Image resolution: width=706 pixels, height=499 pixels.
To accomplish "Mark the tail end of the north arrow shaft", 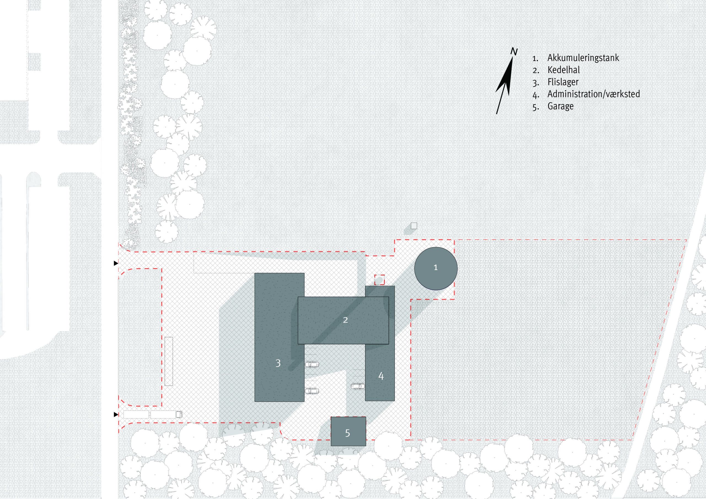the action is point(497,114).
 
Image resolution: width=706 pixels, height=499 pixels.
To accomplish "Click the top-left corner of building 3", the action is point(255,273).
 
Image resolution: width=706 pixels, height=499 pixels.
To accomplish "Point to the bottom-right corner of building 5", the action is point(366,446).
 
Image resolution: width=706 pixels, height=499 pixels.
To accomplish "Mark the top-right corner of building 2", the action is point(389,297).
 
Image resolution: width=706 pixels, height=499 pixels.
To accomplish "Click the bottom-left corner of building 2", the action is point(298,344).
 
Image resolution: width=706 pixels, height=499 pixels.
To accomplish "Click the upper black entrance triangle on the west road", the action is point(116,263).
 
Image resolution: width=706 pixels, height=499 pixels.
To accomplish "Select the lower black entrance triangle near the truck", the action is point(116,414).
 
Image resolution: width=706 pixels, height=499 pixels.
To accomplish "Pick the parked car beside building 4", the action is point(358,386).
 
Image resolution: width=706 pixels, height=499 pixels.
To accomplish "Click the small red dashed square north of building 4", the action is point(379,280).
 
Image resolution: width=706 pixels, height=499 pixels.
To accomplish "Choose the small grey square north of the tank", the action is point(414,226).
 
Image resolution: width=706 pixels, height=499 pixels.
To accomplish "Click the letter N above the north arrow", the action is point(514,52).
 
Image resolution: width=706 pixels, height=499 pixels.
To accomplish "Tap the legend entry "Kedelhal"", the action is point(564,70).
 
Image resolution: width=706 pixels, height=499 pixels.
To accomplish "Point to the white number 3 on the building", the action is point(278,363).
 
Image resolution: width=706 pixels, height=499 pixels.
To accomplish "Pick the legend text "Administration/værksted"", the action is point(594,94).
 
